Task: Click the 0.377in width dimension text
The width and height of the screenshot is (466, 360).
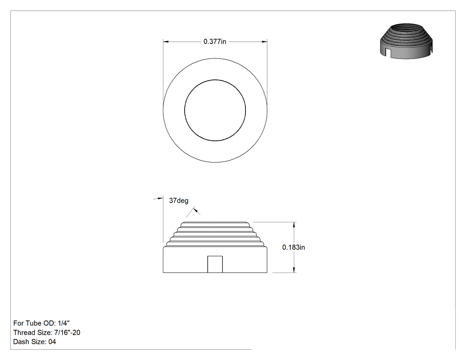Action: [214, 42]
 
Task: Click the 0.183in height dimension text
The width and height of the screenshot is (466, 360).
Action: [293, 247]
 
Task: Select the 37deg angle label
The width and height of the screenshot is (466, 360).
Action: [178, 201]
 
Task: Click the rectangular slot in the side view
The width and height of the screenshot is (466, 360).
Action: [215, 264]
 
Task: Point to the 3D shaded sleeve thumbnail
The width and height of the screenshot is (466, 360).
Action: [406, 41]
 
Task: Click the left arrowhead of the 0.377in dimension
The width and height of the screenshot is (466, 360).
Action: [166, 42]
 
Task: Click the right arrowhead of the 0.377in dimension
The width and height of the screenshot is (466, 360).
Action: [264, 42]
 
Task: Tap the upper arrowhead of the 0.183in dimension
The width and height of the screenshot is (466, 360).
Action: [294, 225]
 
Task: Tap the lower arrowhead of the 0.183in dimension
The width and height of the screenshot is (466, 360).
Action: [294, 269]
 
